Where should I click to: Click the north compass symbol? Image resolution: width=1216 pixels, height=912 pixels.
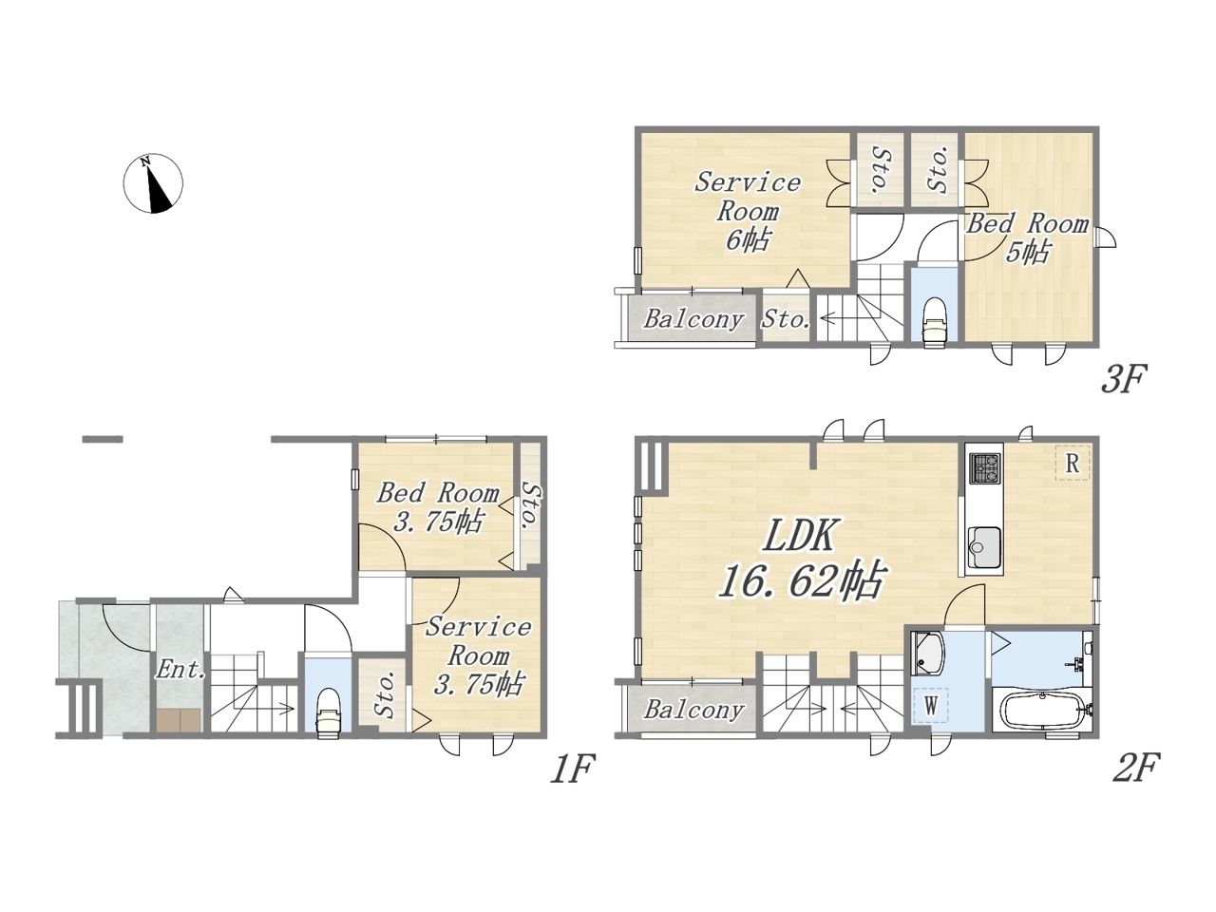152,183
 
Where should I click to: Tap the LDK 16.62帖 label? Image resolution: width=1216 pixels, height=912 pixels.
799,559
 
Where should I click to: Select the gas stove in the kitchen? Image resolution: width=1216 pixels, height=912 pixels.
984,468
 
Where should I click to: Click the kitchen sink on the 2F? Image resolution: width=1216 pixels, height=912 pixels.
984,547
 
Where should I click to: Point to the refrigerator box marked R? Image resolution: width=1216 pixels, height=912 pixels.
1072,463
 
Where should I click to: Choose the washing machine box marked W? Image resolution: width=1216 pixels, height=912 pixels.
931,705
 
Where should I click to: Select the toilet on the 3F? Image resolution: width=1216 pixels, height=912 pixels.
935,322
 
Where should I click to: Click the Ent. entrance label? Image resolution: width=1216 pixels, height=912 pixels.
180,670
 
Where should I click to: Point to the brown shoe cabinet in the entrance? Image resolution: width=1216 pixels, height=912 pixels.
178,721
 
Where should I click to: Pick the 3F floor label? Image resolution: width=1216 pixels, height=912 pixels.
1124,379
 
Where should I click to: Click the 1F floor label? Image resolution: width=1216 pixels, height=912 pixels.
572,768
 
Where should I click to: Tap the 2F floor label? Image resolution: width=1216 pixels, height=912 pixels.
1137,768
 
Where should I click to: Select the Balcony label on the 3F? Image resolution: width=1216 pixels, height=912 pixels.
693,319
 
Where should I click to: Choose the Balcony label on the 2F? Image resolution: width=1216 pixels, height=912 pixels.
693,710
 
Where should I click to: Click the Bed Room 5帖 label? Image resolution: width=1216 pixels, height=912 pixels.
1028,238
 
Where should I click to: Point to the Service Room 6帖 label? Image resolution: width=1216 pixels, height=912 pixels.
748,211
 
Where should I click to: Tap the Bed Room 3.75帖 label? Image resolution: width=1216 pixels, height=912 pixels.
438,506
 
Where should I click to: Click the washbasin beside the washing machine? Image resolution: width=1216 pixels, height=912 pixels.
927,655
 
